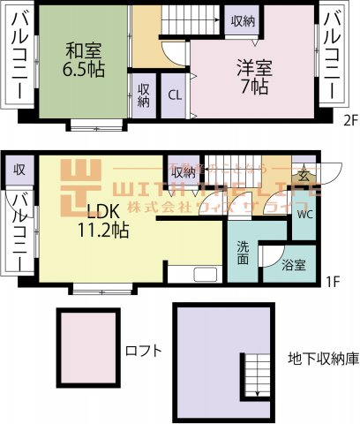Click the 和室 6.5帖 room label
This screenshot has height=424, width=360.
(x=78, y=59)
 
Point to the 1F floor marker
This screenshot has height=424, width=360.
(x=332, y=282)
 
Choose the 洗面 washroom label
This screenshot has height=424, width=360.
(x=243, y=253)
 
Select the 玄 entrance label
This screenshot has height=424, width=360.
(x=304, y=176)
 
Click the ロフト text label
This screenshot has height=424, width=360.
(x=144, y=350)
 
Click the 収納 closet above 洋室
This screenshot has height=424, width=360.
(x=243, y=20)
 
